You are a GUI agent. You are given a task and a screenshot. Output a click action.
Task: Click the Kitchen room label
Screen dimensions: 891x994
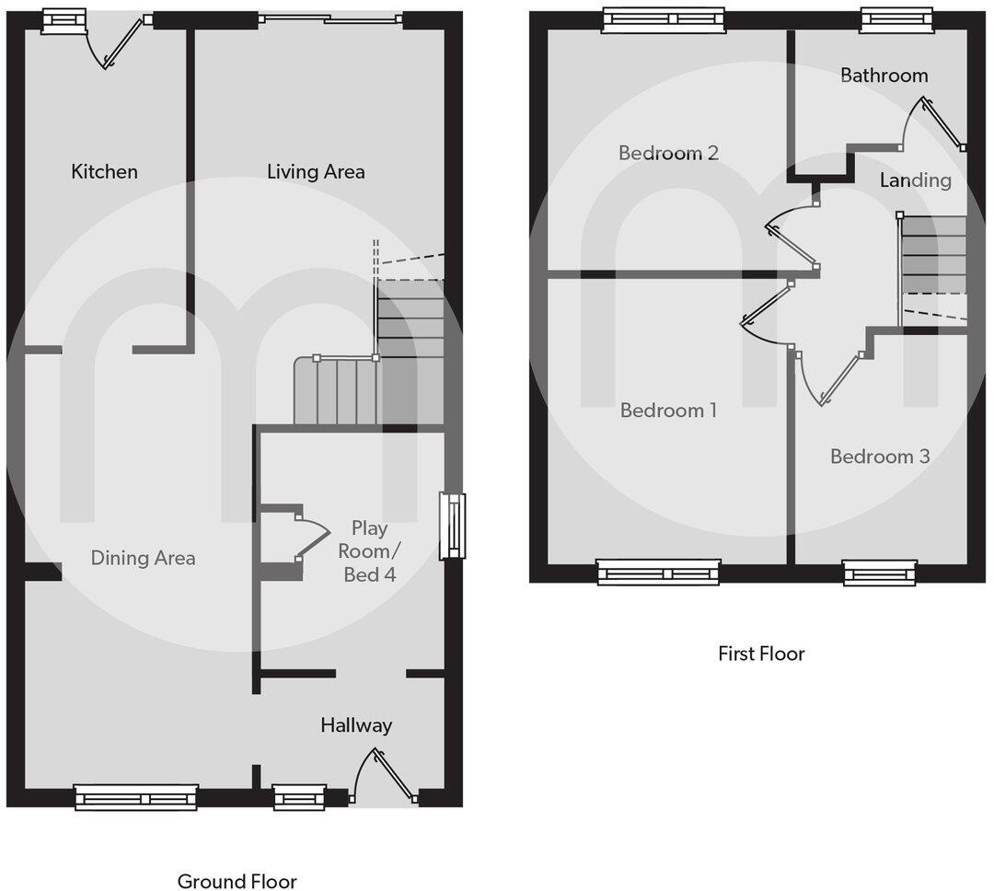pos(104,171)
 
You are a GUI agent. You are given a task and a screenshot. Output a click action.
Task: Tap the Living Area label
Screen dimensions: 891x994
pos(316,171)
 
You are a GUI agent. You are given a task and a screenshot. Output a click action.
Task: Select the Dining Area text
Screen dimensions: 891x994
pos(143,558)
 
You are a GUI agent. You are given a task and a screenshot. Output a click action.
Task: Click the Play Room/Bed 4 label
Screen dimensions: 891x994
pos(369,551)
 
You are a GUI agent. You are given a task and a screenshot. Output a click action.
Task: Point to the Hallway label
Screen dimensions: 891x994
pos(356,725)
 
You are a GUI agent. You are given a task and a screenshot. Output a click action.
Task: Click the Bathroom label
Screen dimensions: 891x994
pos(884,75)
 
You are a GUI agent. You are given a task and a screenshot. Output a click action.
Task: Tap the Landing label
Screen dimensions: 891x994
pos(915,180)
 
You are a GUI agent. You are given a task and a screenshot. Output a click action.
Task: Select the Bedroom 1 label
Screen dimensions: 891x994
pos(668,411)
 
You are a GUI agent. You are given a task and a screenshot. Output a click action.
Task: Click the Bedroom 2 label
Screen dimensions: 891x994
pos(668,153)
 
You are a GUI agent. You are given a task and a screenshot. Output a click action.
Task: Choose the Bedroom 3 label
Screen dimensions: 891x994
pos(880,457)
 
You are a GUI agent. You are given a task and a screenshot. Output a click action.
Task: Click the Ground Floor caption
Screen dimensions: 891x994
pos(237,882)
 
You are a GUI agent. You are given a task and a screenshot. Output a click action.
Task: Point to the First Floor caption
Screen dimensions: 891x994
pos(761,654)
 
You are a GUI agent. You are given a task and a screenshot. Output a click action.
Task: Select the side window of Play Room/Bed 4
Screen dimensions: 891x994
pos(452,526)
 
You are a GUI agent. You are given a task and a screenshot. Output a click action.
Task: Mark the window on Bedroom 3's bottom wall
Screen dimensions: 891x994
pos(880,573)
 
